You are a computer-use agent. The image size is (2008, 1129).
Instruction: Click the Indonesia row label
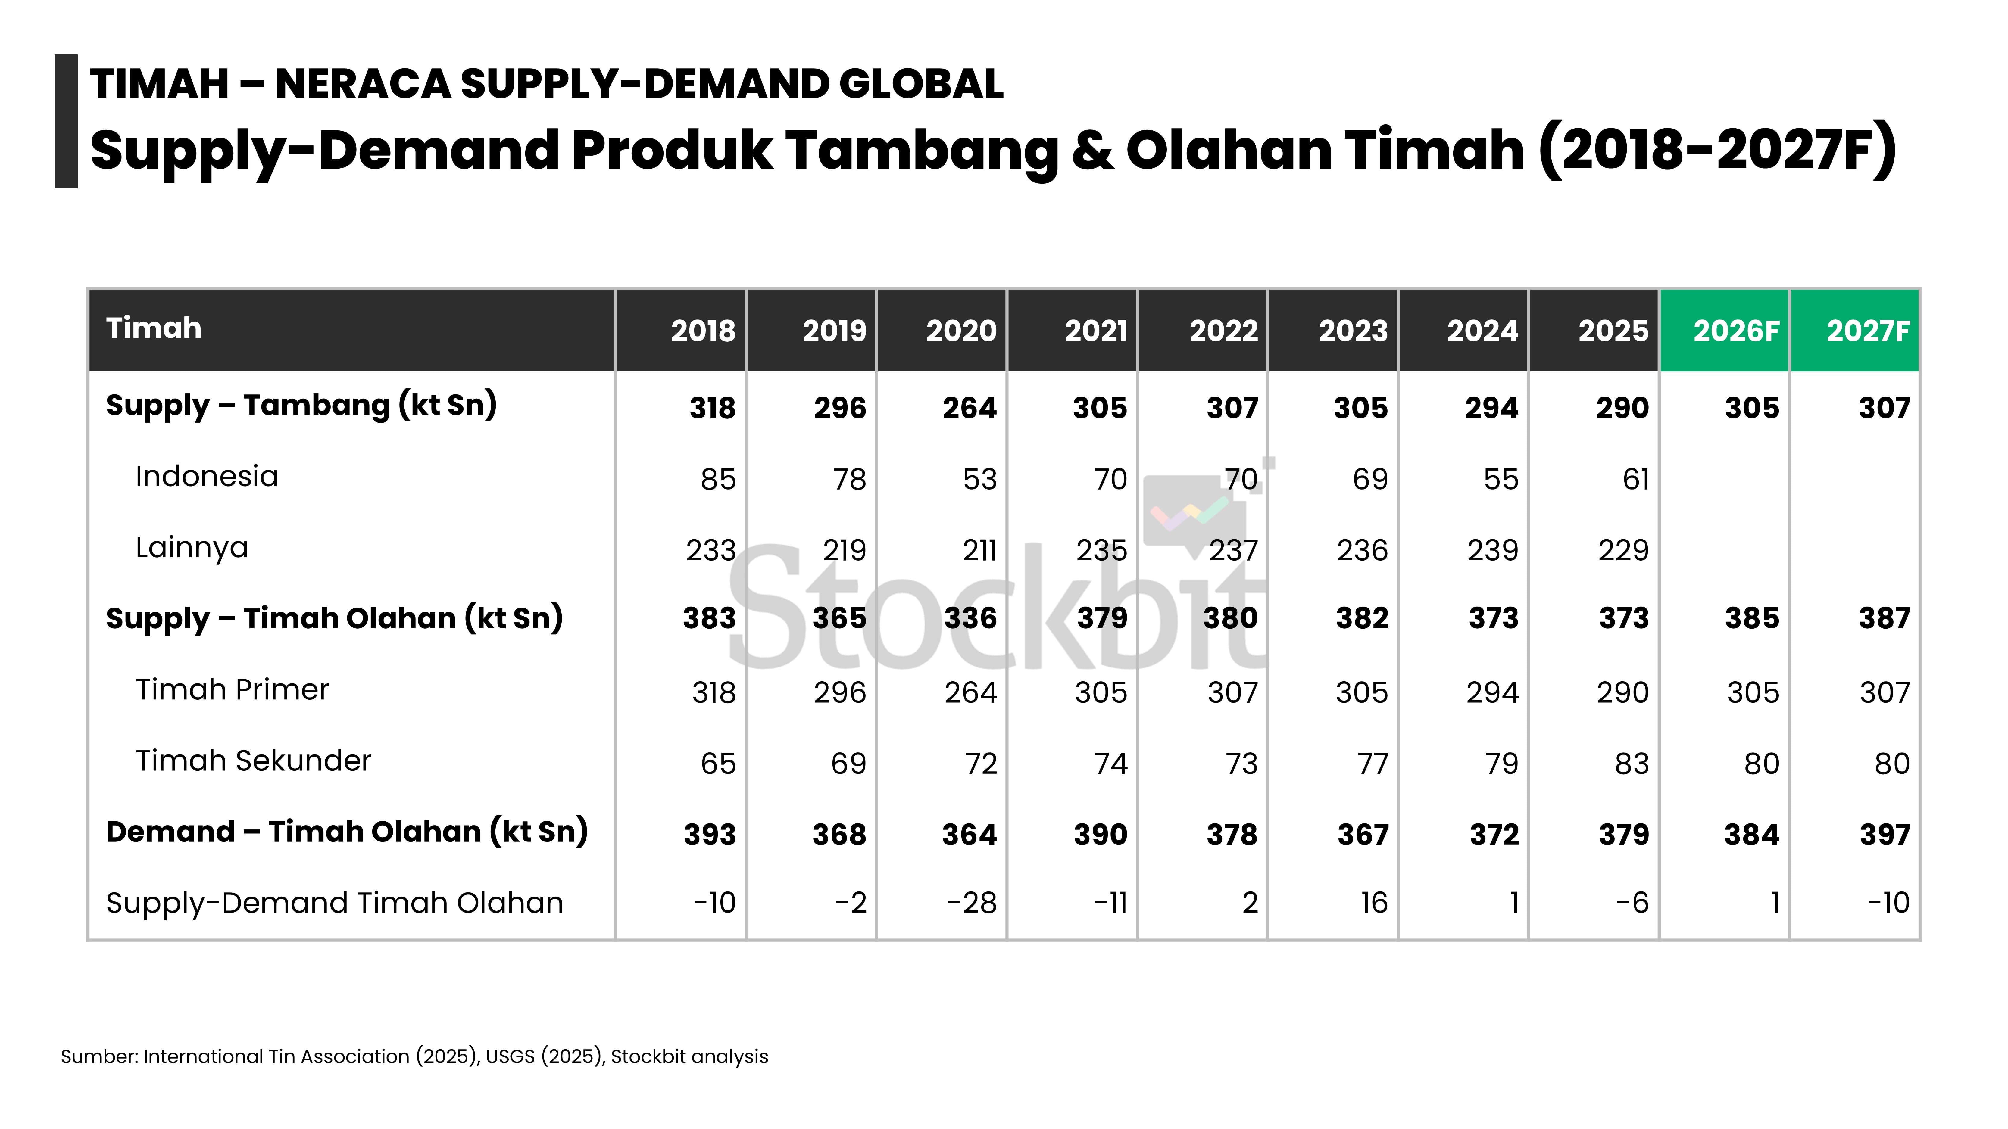(207, 476)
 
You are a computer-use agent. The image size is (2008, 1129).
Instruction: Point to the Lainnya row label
(192, 548)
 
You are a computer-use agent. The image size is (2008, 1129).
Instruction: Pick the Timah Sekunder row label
(253, 760)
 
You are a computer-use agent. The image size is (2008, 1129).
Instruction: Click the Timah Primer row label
(232, 689)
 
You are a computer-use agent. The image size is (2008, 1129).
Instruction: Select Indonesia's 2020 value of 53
(980, 479)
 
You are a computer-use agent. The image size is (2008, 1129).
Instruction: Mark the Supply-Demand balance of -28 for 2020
(972, 903)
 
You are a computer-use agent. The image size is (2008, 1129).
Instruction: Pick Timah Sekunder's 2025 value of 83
(1632, 764)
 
